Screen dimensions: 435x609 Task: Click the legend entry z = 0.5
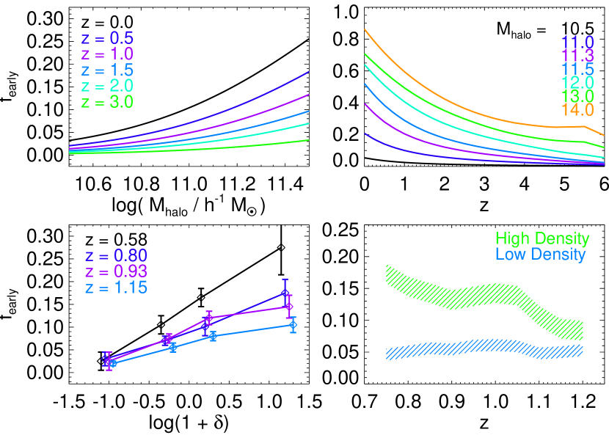pyautogui.click(x=107, y=38)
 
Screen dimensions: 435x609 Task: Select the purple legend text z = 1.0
pyautogui.click(x=107, y=54)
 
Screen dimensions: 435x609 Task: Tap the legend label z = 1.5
pyautogui.click(x=107, y=70)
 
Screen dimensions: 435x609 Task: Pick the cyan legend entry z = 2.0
pyautogui.click(x=107, y=87)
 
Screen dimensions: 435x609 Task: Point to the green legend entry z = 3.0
pyautogui.click(x=107, y=103)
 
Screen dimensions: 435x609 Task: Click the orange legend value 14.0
pyautogui.click(x=577, y=110)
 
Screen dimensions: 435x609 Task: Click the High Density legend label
pyautogui.click(x=541, y=239)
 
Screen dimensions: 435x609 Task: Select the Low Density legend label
pyautogui.click(x=540, y=255)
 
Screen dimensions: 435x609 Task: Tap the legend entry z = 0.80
pyautogui.click(x=116, y=256)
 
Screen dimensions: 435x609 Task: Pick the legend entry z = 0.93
pyautogui.click(x=116, y=272)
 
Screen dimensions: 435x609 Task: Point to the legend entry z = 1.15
pyautogui.click(x=116, y=288)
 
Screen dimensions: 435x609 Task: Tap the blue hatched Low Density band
pyautogui.click(x=484, y=348)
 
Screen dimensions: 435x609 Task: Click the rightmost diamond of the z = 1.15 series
pyautogui.click(x=293, y=325)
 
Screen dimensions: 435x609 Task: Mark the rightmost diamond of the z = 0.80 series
pyautogui.click(x=285, y=293)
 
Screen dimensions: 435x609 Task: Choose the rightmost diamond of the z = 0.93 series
pyautogui.click(x=289, y=307)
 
